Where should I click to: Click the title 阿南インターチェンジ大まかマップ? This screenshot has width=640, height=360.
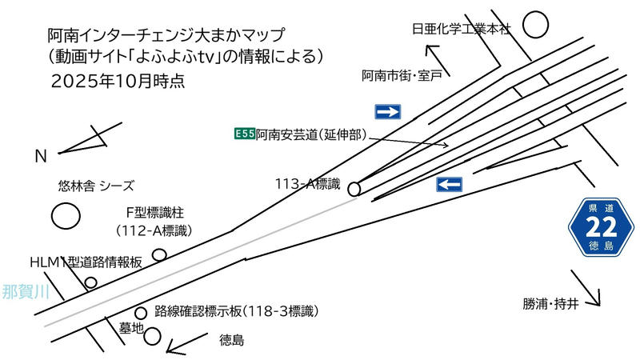[x=166, y=35]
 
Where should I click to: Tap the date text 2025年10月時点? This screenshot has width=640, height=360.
[x=118, y=81]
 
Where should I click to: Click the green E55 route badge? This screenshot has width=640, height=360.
[x=244, y=134]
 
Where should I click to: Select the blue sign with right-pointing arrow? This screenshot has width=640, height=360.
[x=388, y=110]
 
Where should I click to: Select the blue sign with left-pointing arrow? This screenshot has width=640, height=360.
[x=450, y=185]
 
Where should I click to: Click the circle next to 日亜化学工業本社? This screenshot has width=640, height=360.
[x=536, y=24]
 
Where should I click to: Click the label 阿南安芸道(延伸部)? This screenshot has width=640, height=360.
[x=311, y=135]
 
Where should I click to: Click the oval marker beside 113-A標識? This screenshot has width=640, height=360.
[x=354, y=189]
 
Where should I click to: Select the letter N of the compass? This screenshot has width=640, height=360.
[x=40, y=157]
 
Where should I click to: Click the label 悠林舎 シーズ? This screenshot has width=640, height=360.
[x=95, y=185]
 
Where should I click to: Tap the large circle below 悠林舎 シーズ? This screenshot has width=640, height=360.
[x=65, y=215]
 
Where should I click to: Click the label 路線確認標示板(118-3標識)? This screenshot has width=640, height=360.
[x=237, y=311]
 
